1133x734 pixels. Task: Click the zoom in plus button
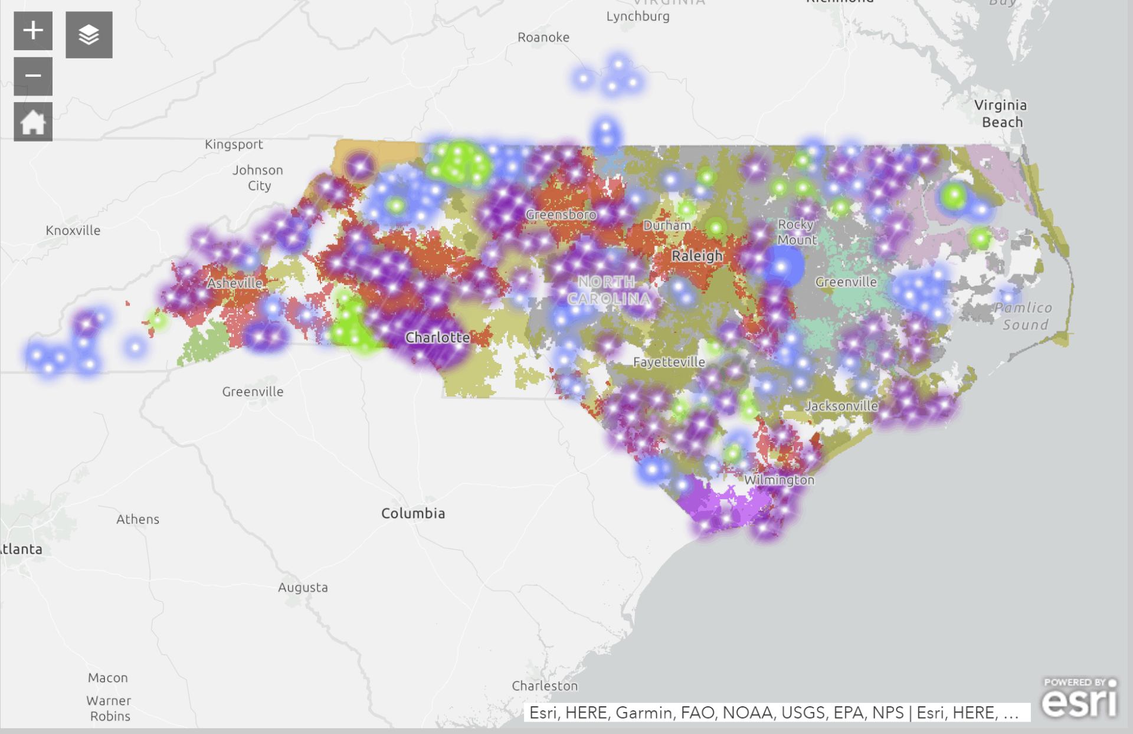(x=33, y=31)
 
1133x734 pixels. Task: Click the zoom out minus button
(x=33, y=76)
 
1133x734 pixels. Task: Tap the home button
(x=33, y=122)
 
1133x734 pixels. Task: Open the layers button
(x=89, y=35)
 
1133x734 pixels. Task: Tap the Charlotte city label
(x=437, y=337)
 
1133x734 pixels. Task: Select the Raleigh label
(x=697, y=256)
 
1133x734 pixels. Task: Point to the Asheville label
(x=235, y=283)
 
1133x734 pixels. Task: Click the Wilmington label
(x=779, y=480)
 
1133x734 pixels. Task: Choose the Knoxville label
(x=73, y=230)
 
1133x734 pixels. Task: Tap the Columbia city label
(x=413, y=513)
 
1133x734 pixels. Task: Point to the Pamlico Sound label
(x=1024, y=316)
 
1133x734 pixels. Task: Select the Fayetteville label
(x=669, y=362)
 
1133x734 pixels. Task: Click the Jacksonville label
(x=841, y=406)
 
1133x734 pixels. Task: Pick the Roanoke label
(x=543, y=37)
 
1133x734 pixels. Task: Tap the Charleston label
(x=545, y=686)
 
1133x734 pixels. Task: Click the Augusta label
(x=303, y=587)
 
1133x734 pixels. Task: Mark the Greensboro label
(x=561, y=215)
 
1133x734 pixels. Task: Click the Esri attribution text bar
(x=777, y=713)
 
